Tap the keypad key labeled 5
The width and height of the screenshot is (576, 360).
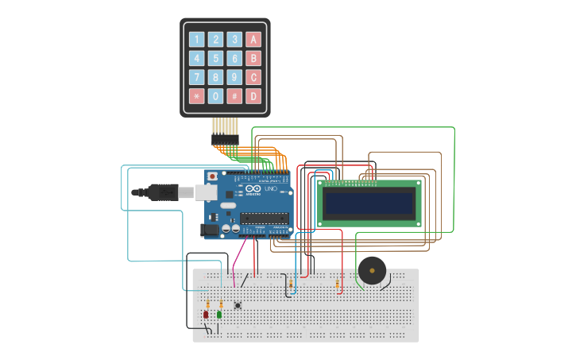point(215,58)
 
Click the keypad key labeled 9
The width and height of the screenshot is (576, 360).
point(234,77)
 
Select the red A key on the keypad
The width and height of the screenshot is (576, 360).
point(253,39)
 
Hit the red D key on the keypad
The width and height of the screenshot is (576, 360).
point(253,96)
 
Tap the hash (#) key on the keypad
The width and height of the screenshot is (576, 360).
point(234,96)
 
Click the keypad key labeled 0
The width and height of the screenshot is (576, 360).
point(215,96)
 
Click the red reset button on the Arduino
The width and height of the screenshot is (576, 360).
point(212,176)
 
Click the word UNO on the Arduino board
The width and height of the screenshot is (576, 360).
point(269,190)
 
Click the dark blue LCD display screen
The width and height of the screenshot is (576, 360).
point(369,204)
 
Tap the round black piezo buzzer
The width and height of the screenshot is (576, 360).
point(371,271)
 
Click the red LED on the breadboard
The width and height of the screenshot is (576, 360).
point(206,315)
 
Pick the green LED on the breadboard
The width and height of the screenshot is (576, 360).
point(219,315)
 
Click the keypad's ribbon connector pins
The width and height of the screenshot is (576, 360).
point(225,130)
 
